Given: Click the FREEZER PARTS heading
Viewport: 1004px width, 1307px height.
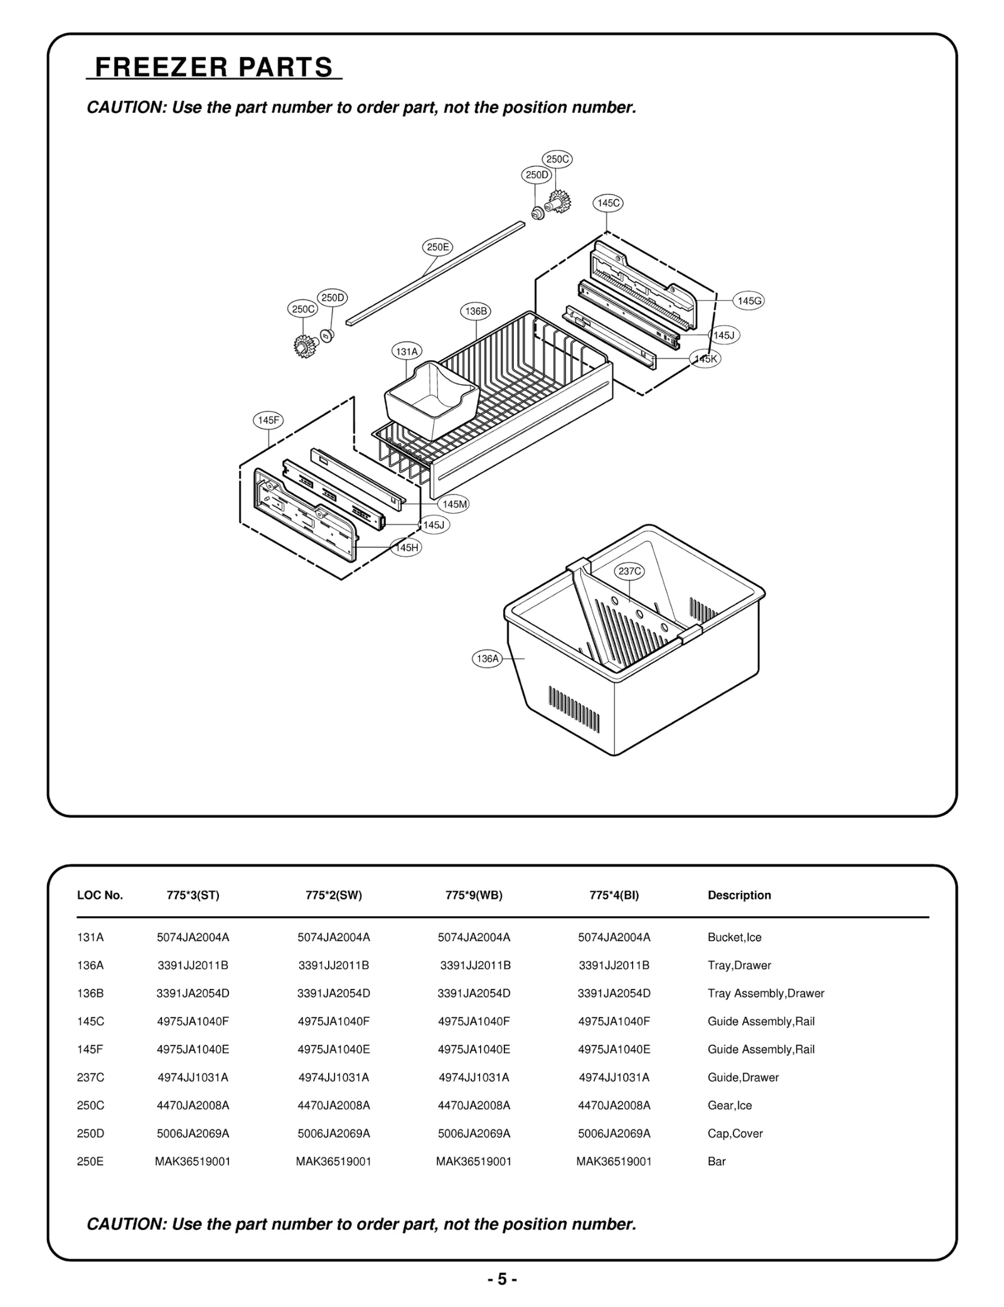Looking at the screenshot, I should tap(213, 67).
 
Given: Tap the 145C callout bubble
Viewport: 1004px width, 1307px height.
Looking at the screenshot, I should tap(607, 203).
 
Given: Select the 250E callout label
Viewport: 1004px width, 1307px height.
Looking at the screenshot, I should tap(437, 247).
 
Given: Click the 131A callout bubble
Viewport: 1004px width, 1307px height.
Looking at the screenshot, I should tap(407, 352).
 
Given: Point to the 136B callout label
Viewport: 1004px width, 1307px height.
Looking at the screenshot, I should tap(476, 311).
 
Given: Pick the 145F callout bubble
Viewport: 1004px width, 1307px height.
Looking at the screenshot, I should tap(268, 420).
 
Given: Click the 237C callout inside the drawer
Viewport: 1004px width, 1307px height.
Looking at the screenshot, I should tap(629, 571).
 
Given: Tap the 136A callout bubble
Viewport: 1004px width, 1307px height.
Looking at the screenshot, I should tap(487, 659).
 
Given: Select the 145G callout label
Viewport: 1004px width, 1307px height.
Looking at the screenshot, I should tap(749, 301).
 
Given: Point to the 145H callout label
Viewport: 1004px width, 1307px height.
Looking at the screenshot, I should tap(406, 548).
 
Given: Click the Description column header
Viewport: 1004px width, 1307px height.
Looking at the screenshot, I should tap(739, 895).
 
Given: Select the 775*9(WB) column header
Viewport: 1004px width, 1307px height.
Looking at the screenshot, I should tap(474, 895).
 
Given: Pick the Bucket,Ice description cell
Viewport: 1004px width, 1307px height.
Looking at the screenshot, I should tap(734, 937).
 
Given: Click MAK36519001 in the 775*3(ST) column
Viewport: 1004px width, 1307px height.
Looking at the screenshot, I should tap(193, 1161).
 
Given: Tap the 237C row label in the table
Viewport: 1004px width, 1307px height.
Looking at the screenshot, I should tap(90, 1077).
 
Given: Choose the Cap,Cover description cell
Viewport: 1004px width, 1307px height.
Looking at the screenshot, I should tap(735, 1133).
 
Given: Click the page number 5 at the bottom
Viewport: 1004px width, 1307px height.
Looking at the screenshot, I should tap(502, 1279).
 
